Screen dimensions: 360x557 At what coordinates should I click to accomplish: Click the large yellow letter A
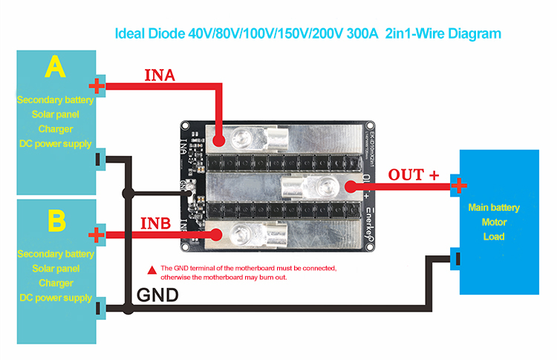coord(55,68)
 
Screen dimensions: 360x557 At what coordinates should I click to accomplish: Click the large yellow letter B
coord(56,220)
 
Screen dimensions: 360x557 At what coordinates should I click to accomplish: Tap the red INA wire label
coord(160,75)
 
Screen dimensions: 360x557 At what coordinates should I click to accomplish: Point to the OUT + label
coord(414,174)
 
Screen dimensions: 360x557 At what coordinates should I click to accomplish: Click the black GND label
coord(157,295)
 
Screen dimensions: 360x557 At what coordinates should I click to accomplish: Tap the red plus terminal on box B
coord(96,236)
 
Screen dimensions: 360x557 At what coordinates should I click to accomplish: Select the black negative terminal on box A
coord(98,158)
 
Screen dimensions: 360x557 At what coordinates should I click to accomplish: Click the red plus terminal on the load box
coord(459,185)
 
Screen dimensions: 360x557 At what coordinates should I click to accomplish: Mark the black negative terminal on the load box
coord(457,259)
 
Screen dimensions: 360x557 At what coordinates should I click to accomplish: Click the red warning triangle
coord(152,268)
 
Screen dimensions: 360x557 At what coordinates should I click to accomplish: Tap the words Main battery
coord(494,207)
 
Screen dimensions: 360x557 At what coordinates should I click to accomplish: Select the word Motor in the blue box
coord(494,222)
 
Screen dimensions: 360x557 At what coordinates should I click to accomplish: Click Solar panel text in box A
coord(56,114)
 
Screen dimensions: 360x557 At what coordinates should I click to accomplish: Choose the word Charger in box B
coord(56,283)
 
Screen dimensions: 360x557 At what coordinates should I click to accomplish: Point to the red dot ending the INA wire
coord(220,140)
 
